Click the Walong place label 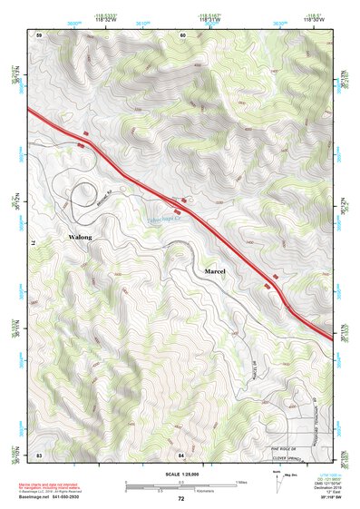[81, 237]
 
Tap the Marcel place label [215, 271]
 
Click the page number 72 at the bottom [180, 499]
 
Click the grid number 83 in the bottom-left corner [39, 454]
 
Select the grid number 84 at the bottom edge [180, 454]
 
